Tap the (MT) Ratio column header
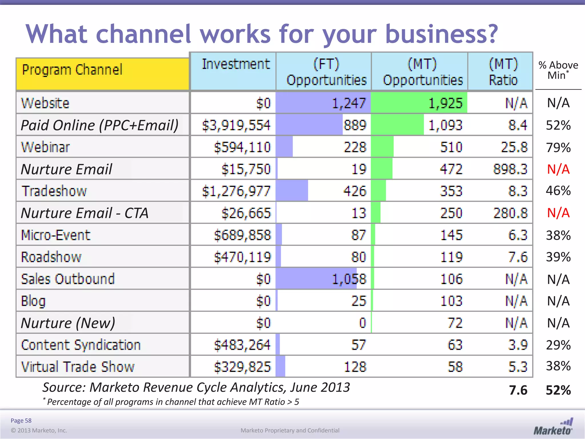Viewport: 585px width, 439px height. tap(503, 72)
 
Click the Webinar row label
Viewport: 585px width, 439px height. tap(45, 147)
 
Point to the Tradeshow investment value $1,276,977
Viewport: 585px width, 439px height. tap(236, 191)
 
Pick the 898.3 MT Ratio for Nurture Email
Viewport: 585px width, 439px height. tap(510, 169)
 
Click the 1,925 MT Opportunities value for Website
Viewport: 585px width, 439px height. tap(445, 103)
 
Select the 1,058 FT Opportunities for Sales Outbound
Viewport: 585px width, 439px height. tap(349, 279)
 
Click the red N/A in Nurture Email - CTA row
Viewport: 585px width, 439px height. tap(558, 213)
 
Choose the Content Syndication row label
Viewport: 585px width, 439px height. tap(81, 345)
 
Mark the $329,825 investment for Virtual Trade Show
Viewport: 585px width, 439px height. tap(242, 367)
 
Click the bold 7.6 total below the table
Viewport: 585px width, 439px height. tap(518, 390)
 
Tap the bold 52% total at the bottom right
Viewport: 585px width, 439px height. tap(558, 390)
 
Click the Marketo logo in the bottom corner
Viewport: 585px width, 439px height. tap(553, 427)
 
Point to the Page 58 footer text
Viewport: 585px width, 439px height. tap(21, 420)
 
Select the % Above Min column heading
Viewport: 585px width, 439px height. tap(558, 70)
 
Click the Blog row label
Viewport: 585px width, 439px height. tap(33, 301)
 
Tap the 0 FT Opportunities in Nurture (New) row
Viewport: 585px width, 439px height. tap(362, 323)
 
